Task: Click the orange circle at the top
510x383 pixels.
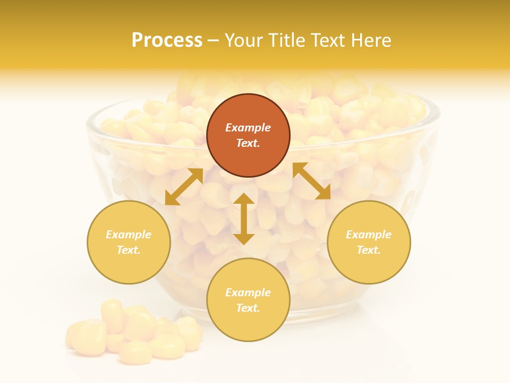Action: pyautogui.click(x=248, y=136)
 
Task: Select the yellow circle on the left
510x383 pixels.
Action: pyautogui.click(x=129, y=242)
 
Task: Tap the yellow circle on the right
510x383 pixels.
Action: pyautogui.click(x=369, y=242)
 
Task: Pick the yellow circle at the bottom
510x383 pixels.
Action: pyautogui.click(x=248, y=300)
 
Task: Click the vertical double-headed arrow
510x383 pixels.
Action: pyautogui.click(x=244, y=219)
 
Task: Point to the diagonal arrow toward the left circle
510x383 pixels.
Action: pyautogui.click(x=184, y=187)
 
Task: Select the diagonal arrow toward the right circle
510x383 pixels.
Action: pyautogui.click(x=311, y=181)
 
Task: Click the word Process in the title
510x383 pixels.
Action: pyautogui.click(x=167, y=40)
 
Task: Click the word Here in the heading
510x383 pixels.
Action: pyautogui.click(x=371, y=40)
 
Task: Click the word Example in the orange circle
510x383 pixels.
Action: pyautogui.click(x=248, y=128)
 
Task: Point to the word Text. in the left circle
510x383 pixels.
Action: pyautogui.click(x=129, y=250)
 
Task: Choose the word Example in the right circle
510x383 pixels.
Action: pyautogui.click(x=369, y=235)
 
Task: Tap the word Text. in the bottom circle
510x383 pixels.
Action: pyautogui.click(x=248, y=308)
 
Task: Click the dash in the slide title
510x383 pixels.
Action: pyautogui.click(x=213, y=40)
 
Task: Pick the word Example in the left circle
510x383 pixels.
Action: pyautogui.click(x=129, y=235)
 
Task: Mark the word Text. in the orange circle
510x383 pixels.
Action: pyautogui.click(x=248, y=143)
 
